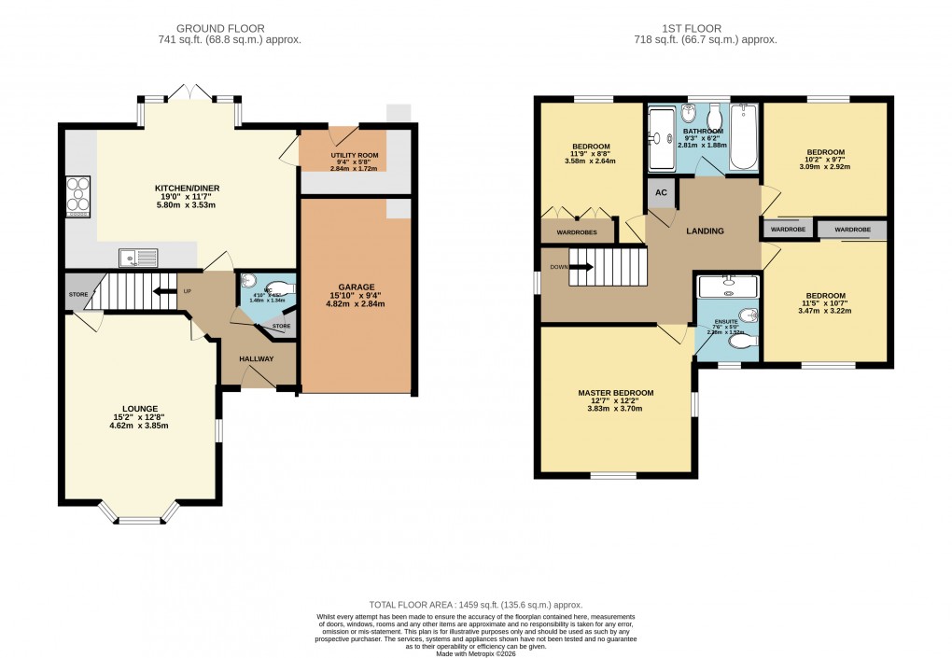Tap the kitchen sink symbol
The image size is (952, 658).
pyautogui.click(x=139, y=258)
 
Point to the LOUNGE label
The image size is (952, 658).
pyautogui.click(x=139, y=408)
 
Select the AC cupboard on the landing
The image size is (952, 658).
pyautogui.click(x=662, y=192)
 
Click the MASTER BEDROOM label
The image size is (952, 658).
pyautogui.click(x=615, y=393)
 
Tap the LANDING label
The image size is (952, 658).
pyautogui.click(x=705, y=231)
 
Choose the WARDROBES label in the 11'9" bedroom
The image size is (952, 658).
pyautogui.click(x=577, y=231)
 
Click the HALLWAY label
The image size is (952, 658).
pyautogui.click(x=256, y=358)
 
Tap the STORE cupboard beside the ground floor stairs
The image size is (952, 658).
pyautogui.click(x=77, y=294)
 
